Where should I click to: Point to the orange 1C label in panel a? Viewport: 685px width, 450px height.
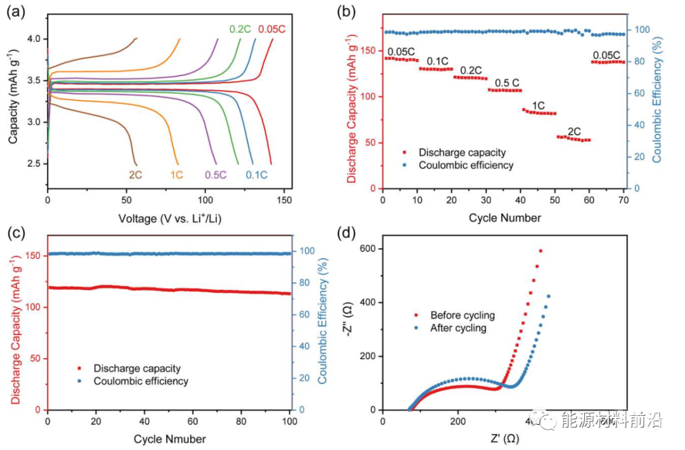point(177,175)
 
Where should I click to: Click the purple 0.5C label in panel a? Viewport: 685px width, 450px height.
point(215,175)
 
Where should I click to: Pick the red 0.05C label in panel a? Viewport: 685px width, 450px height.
point(271,29)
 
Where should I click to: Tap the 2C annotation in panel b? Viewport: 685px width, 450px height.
point(573,131)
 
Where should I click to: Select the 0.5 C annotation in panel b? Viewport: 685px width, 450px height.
point(507,83)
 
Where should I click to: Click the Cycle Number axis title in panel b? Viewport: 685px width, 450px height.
point(505,218)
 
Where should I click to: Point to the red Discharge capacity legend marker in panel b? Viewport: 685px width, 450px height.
point(405,152)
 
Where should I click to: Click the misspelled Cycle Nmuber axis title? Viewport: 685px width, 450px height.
point(169,439)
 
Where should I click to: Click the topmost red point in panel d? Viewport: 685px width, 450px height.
point(540,251)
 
